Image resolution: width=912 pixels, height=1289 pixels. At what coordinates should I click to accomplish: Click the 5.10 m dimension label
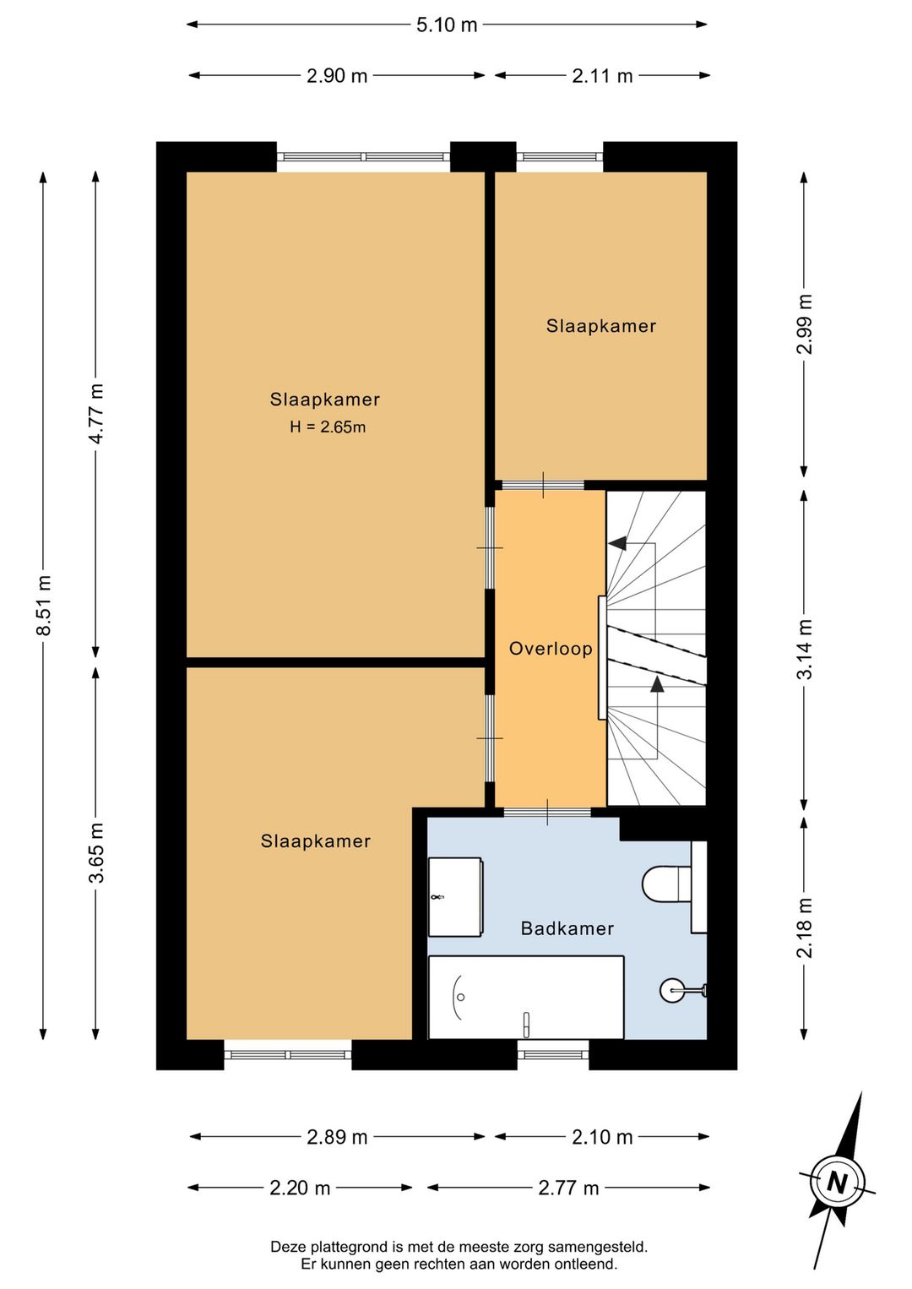click(x=447, y=25)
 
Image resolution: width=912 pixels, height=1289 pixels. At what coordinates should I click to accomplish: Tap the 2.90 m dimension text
click(x=337, y=75)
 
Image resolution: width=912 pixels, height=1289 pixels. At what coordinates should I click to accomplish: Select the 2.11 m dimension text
click(x=602, y=75)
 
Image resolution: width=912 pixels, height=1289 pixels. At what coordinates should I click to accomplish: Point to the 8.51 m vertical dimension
click(x=44, y=605)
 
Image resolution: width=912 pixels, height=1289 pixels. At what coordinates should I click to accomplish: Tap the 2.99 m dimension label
click(x=805, y=324)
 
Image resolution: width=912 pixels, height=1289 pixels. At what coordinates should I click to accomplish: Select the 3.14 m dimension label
click(x=805, y=649)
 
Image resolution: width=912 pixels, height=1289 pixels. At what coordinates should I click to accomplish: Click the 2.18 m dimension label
click(x=805, y=927)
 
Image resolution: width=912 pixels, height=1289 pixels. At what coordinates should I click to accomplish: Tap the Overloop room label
click(x=551, y=649)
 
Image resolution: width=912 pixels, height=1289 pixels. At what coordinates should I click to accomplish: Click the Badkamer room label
click(x=567, y=928)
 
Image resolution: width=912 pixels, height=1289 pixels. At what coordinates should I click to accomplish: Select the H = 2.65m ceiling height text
click(x=328, y=427)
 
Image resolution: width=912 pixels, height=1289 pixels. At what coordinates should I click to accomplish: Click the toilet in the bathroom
click(x=667, y=884)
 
